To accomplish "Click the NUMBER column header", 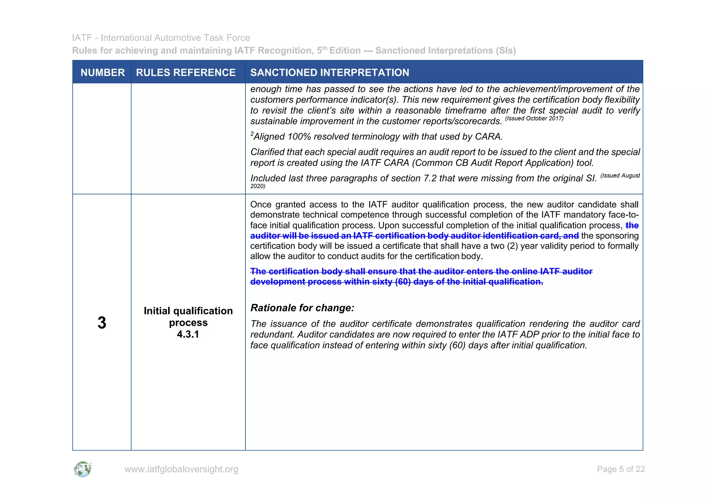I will (103, 72).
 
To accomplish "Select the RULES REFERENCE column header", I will (186, 72).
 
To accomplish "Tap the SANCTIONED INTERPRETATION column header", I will (330, 72).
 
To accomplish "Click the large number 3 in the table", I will (102, 323).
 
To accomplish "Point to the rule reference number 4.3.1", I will (188, 334).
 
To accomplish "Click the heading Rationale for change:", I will (302, 308).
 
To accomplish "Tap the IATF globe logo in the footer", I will (83, 469).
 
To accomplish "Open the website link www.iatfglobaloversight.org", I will (181, 469).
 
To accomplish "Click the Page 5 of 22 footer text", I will (621, 469).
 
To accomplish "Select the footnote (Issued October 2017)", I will (534, 119).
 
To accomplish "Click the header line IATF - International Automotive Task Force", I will (161, 38).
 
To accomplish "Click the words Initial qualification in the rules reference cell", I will (188, 311).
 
